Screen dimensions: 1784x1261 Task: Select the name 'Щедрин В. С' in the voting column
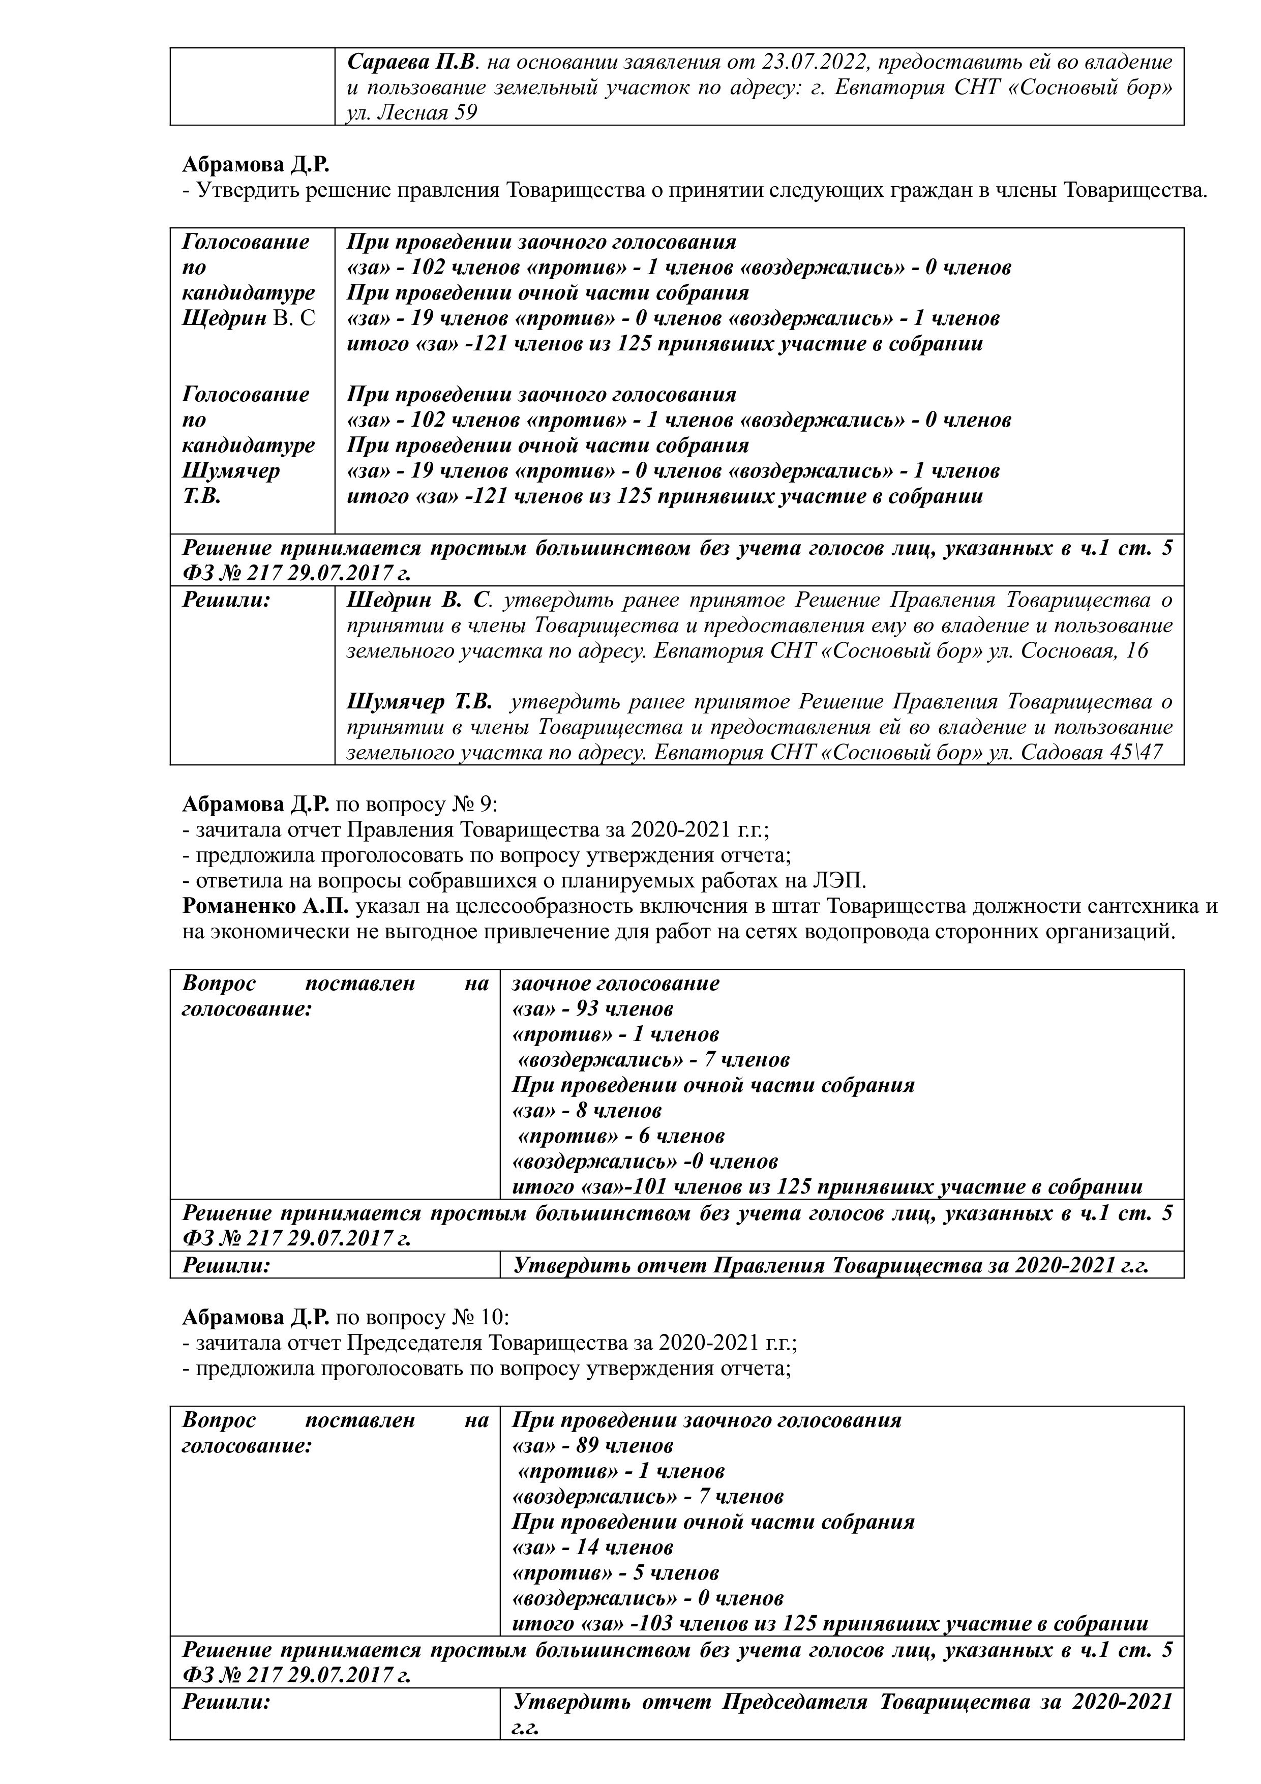249,318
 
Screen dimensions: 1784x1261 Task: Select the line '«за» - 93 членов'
592,1008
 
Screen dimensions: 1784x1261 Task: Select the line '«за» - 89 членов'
592,1445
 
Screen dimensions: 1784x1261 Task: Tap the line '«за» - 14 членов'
592,1547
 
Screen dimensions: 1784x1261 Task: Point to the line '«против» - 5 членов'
615,1572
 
